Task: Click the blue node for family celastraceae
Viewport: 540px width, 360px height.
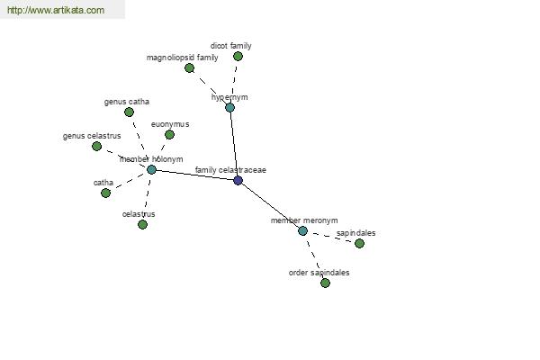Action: click(238, 180)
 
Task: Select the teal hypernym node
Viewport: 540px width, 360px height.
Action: click(229, 107)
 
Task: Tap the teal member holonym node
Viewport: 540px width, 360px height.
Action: click(151, 169)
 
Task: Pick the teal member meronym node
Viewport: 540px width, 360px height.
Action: click(302, 230)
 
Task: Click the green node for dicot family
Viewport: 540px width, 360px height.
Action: click(238, 56)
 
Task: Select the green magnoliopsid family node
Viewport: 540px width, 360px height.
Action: click(189, 67)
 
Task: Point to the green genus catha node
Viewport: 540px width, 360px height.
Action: click(129, 112)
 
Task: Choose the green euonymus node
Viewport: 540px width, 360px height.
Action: click(169, 135)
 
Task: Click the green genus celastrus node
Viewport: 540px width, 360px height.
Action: click(97, 147)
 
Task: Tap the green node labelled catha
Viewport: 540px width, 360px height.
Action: click(105, 193)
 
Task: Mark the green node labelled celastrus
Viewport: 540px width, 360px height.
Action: click(142, 225)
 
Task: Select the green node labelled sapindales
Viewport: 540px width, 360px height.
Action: click(359, 244)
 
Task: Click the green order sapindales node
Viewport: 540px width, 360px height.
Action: click(326, 283)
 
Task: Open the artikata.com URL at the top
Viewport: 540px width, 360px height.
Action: click(56, 10)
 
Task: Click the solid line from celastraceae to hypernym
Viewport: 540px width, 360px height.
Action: click(234, 144)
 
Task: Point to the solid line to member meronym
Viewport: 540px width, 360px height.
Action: click(270, 205)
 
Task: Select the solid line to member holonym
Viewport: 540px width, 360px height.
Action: click(194, 175)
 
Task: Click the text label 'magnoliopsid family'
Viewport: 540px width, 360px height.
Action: click(182, 58)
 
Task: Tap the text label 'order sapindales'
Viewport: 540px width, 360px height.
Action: click(319, 273)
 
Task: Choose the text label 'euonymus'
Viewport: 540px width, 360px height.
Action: click(170, 124)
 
